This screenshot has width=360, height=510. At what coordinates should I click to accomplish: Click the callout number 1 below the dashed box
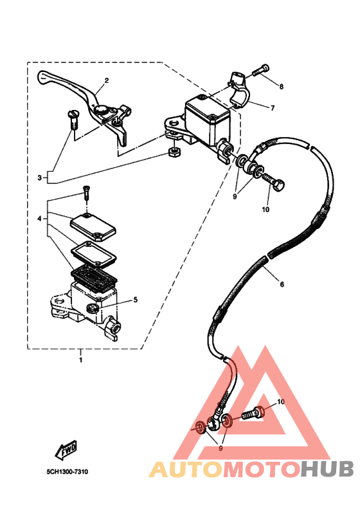80,360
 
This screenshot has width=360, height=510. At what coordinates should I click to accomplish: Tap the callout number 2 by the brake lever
106,80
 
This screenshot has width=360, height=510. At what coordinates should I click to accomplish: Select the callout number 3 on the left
39,178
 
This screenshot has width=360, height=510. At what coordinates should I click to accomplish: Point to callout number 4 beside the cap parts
39,219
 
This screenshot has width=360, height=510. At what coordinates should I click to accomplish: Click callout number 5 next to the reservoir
135,300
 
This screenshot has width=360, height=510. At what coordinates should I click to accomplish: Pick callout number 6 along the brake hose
282,284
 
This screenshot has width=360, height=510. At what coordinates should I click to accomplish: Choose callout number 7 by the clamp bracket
273,107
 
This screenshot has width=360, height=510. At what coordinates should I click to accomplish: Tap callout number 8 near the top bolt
282,86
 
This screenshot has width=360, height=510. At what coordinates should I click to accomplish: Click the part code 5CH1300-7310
67,471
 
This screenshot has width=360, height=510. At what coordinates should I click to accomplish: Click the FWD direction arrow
66,450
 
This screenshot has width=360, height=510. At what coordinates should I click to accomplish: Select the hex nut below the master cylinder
174,152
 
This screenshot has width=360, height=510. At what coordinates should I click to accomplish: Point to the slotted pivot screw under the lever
73,120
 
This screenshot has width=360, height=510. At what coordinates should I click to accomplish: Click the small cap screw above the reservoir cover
86,193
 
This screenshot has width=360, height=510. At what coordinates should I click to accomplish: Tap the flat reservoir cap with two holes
93,226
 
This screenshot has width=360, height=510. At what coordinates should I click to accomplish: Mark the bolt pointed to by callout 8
261,70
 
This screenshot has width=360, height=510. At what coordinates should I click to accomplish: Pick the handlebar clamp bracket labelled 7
239,90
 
